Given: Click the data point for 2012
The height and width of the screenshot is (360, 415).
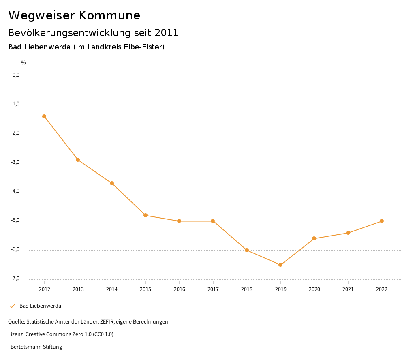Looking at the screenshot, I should click(44, 116).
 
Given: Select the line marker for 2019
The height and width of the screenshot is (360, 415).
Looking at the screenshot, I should click(280, 265).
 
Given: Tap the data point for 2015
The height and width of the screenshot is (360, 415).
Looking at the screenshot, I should click(145, 215).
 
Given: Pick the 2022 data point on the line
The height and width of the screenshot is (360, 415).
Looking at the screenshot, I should click(382, 221).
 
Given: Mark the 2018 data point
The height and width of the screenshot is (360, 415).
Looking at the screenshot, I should click(247, 250).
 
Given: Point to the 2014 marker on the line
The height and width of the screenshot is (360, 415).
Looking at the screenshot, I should click(112, 183).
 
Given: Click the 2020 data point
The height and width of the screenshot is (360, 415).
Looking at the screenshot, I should click(314, 238).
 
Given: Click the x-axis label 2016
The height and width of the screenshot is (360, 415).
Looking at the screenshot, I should click(179, 289).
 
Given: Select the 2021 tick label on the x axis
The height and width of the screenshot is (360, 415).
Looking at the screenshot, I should click(348, 289).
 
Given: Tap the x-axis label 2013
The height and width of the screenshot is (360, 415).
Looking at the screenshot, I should click(78, 289).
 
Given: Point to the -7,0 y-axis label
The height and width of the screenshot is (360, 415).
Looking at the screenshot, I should click(15, 279).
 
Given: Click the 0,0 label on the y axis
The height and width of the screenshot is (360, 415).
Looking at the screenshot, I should click(16, 75).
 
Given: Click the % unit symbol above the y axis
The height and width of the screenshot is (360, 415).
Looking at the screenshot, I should click(24, 63).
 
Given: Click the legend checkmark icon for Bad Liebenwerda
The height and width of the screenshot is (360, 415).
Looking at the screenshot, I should click(12, 306).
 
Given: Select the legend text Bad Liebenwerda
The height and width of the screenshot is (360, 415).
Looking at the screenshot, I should click(40, 306).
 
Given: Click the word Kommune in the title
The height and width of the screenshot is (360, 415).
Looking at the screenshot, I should click(109, 15).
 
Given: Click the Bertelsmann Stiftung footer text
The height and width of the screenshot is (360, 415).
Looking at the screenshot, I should click(36, 347).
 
